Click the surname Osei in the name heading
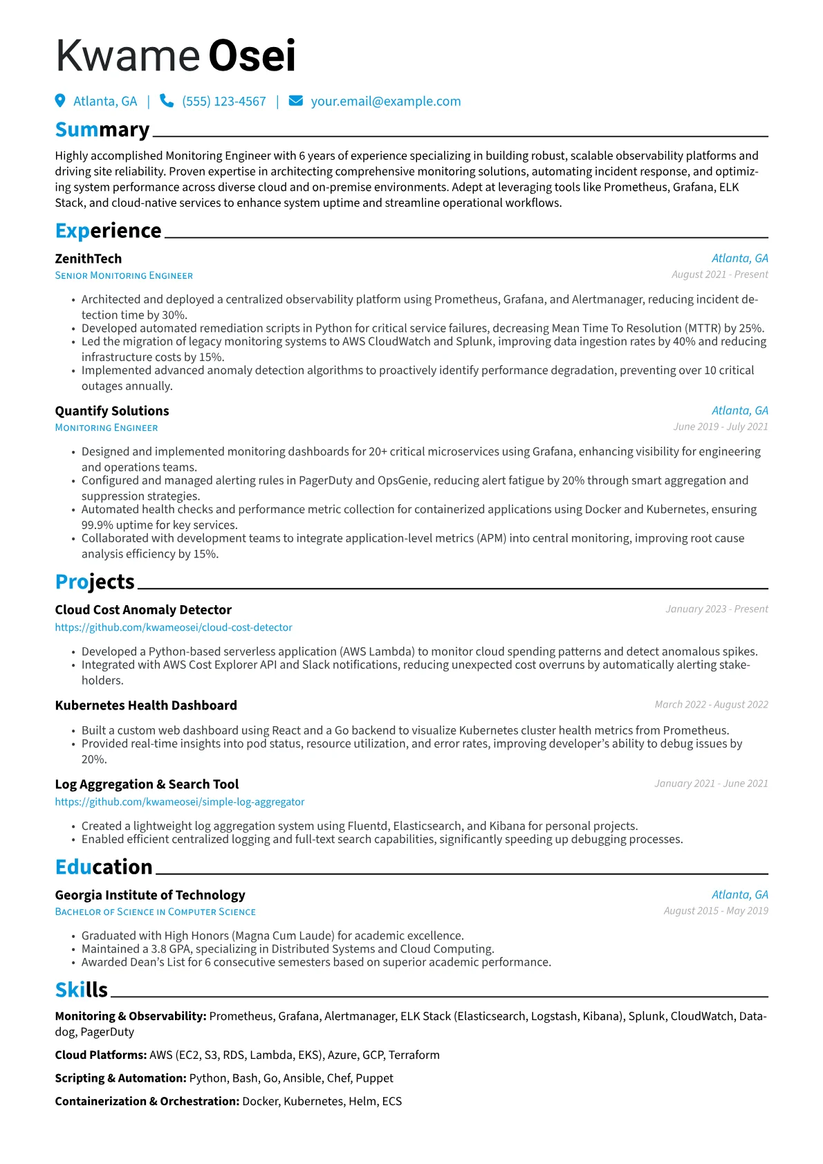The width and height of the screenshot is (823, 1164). click(252, 56)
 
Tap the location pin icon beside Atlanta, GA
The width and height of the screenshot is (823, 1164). click(60, 101)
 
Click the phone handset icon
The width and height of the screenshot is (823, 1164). click(167, 101)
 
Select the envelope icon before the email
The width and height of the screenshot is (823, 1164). click(295, 101)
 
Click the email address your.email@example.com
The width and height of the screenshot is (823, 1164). click(385, 102)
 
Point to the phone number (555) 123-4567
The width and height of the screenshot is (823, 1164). click(223, 102)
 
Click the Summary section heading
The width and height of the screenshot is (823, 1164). click(102, 130)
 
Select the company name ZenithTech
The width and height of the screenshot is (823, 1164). click(89, 259)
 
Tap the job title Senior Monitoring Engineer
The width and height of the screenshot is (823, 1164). click(124, 276)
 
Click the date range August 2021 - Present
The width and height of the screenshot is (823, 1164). click(719, 275)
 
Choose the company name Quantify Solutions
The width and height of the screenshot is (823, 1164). click(112, 411)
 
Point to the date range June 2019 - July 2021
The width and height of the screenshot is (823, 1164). click(721, 427)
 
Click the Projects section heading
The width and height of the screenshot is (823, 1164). click(95, 582)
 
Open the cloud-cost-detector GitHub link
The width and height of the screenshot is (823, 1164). click(174, 627)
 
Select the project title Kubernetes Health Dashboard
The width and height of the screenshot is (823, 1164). click(146, 705)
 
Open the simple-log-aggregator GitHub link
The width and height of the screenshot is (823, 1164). click(180, 802)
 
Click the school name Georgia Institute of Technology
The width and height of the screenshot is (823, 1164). click(150, 895)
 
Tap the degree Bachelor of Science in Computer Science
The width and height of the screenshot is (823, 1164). click(156, 912)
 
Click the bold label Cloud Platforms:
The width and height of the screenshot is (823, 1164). click(101, 1055)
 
